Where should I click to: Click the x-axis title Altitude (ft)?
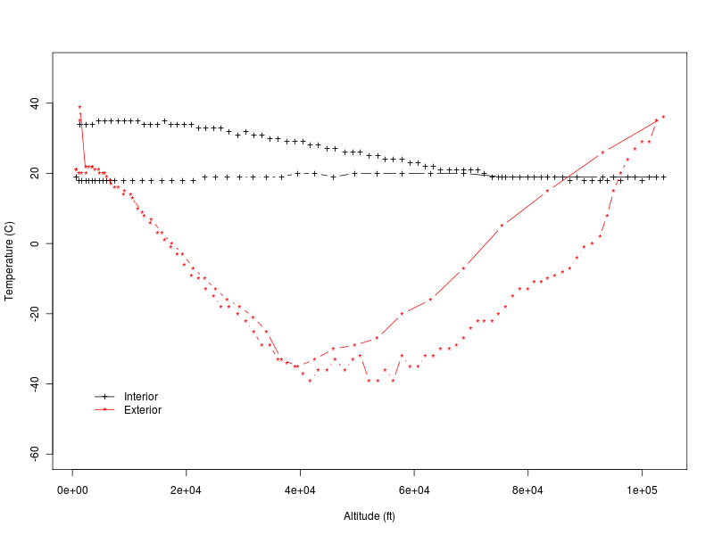click(x=369, y=516)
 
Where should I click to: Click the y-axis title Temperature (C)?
click(x=10, y=260)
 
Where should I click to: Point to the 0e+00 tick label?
click(x=72, y=490)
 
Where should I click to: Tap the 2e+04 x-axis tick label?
click(x=186, y=490)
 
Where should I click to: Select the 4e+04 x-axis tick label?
click(x=300, y=490)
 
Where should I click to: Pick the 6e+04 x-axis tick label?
click(x=414, y=490)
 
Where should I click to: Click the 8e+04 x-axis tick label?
click(x=527, y=490)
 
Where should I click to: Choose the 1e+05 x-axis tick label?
click(x=642, y=490)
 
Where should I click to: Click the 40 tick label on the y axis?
click(x=37, y=104)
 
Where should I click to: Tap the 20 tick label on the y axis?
click(x=37, y=174)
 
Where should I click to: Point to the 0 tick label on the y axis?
click(x=39, y=243)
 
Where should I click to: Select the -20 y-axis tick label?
click(x=35, y=314)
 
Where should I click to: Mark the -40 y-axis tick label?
click(x=35, y=383)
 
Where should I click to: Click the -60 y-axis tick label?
click(x=35, y=454)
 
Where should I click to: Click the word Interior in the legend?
click(x=141, y=397)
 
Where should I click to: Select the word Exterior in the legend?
click(x=143, y=410)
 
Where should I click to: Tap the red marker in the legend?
click(x=104, y=410)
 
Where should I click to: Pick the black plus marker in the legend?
click(x=104, y=397)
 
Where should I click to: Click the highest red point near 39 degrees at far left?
click(x=79, y=107)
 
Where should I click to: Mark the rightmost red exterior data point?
click(x=663, y=117)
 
